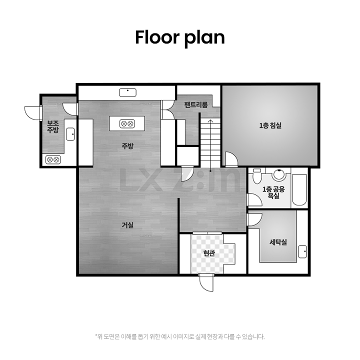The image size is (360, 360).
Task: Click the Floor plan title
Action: point(180,37)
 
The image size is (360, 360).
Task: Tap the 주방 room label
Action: point(127,146)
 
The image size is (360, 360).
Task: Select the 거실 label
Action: point(127,225)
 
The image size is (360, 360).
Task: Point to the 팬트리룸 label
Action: point(196,104)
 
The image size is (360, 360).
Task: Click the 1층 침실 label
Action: point(270,125)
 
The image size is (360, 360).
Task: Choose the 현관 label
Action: point(209,253)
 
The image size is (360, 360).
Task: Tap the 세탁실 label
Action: point(278,242)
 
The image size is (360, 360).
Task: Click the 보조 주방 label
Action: point(53,126)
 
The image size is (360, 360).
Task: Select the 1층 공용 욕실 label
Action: point(273,192)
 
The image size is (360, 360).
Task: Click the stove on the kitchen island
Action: point(127,124)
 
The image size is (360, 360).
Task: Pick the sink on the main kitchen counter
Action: point(127,92)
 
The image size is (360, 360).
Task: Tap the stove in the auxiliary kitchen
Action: point(53,159)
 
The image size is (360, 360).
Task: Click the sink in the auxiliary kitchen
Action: point(70,134)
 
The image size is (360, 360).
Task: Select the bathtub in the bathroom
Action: point(299,190)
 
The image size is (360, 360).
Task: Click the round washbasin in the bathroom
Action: point(279,175)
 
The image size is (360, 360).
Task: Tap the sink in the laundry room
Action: point(302,251)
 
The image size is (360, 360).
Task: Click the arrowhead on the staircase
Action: point(210,121)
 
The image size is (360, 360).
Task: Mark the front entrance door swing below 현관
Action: point(206,282)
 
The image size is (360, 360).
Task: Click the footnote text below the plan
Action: point(180,337)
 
